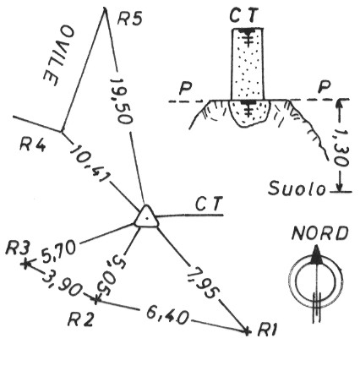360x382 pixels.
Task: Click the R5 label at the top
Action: [x=130, y=19]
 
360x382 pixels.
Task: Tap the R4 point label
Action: [x=32, y=145]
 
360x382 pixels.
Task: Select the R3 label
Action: [x=18, y=248]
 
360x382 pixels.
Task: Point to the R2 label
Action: [x=81, y=319]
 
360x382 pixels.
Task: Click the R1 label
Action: [x=267, y=330]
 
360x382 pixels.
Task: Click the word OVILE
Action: [x=58, y=56]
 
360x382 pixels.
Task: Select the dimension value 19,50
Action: [x=122, y=101]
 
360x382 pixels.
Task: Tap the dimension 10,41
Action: [x=90, y=163]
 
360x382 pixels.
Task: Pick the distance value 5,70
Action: [x=59, y=250]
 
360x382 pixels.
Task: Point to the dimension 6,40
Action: [x=167, y=316]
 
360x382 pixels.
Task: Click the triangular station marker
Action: [x=146, y=216]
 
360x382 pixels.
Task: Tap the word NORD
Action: [x=319, y=233]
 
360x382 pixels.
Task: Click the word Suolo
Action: [x=297, y=188]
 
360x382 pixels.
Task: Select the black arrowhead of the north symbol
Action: [x=316, y=255]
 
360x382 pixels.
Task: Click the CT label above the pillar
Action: [x=243, y=15]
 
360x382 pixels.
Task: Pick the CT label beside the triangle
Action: [x=209, y=204]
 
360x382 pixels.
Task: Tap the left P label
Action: [x=185, y=89]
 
